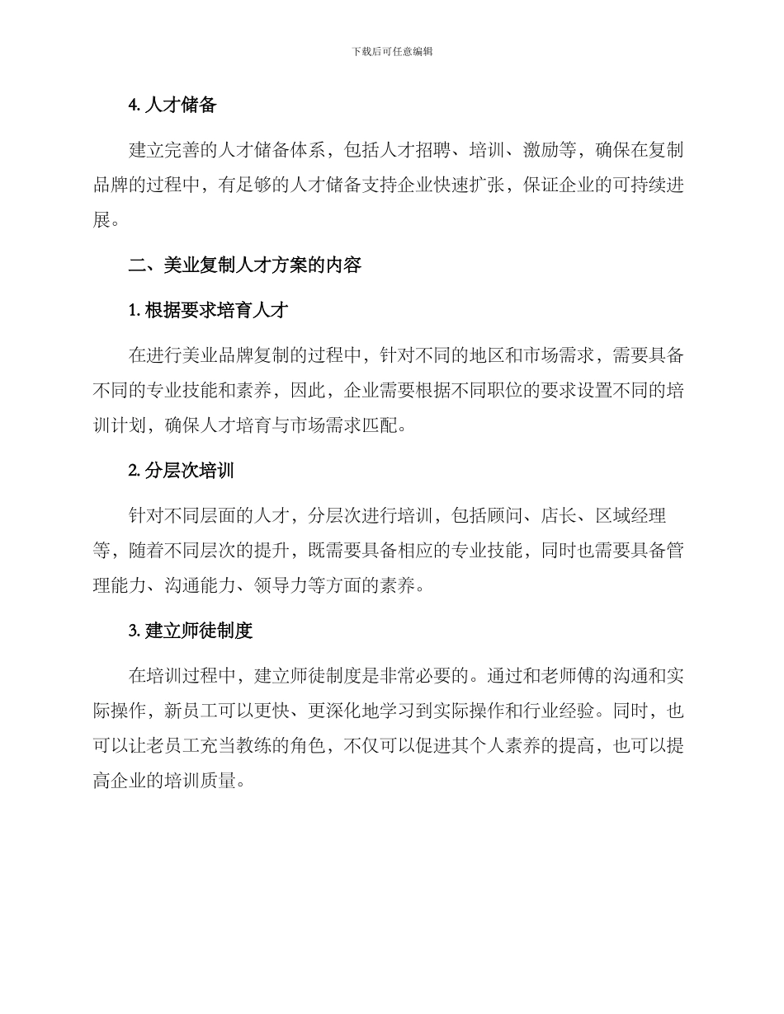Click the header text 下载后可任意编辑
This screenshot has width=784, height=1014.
[392, 51]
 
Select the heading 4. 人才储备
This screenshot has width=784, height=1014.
[172, 106]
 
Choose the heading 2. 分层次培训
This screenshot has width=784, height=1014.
[182, 471]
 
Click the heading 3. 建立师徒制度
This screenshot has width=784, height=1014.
[191, 631]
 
